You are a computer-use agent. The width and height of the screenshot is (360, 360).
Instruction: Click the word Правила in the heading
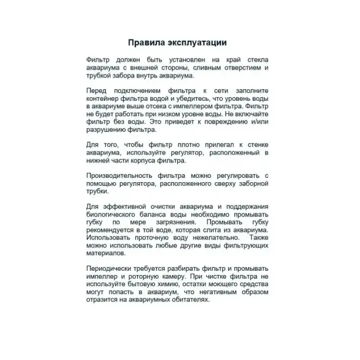click(x=146, y=43)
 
